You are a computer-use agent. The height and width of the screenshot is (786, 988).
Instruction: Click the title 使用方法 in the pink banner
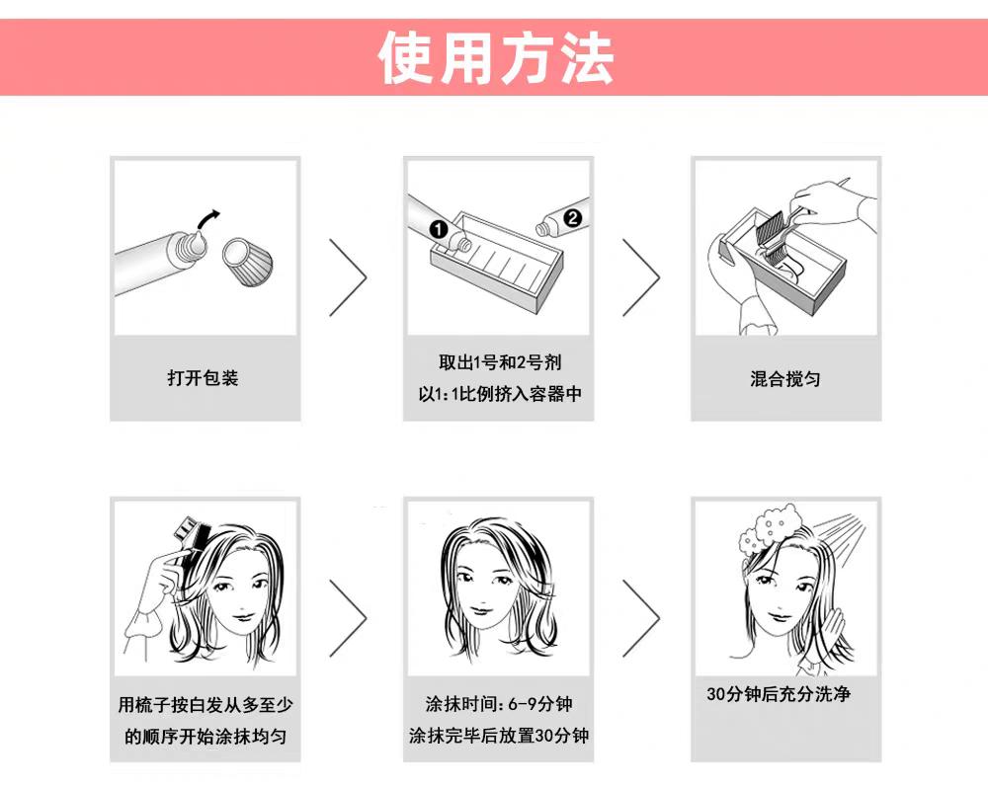click(495, 57)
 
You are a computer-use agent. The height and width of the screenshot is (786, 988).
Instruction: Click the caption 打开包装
click(203, 378)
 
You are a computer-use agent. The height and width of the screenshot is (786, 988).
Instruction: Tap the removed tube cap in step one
click(248, 261)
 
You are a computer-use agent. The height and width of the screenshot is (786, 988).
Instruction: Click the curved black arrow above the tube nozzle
click(208, 219)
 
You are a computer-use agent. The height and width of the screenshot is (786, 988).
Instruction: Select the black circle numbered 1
click(439, 230)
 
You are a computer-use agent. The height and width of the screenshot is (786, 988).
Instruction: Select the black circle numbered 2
click(573, 218)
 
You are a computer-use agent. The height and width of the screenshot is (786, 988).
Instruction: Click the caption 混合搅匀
click(785, 378)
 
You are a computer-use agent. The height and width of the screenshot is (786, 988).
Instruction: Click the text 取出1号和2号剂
click(500, 362)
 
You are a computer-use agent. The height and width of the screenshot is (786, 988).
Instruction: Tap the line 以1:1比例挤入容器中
click(500, 394)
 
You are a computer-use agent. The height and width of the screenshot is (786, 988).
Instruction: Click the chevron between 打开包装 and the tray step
click(347, 277)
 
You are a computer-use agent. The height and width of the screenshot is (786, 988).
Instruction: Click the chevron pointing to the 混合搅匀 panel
click(641, 277)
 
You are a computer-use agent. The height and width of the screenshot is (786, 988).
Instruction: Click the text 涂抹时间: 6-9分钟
click(499, 703)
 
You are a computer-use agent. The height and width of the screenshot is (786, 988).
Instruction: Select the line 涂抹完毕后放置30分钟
click(499, 735)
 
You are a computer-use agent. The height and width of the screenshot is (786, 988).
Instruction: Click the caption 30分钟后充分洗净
click(779, 694)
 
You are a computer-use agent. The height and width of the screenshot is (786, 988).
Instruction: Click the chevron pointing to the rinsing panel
click(641, 618)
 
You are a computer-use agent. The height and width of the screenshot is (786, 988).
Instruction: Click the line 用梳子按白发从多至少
click(206, 705)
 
